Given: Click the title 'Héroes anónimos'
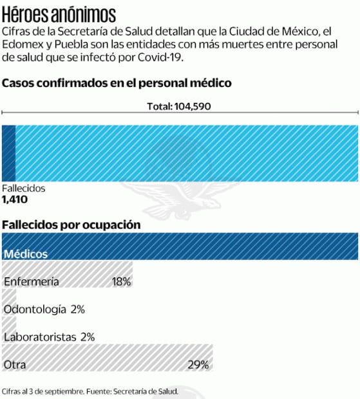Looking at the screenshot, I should point(59,14).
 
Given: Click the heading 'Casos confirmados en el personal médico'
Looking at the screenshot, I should point(117,84).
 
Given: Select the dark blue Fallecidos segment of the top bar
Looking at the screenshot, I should point(8,153).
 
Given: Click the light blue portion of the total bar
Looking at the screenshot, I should point(187,153).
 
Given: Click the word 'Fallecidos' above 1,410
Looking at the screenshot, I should point(24,189).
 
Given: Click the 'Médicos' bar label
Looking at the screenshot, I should point(26,254).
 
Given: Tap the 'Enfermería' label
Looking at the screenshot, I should point(31,282).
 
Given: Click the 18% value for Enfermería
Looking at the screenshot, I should point(121,282).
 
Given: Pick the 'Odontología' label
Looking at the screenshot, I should point(35,309).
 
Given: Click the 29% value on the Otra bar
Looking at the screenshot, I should point(198,364).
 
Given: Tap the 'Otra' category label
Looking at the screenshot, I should point(15,364).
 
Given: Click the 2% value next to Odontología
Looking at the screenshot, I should point(78,309).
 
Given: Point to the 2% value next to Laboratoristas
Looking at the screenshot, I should point(88,337).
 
